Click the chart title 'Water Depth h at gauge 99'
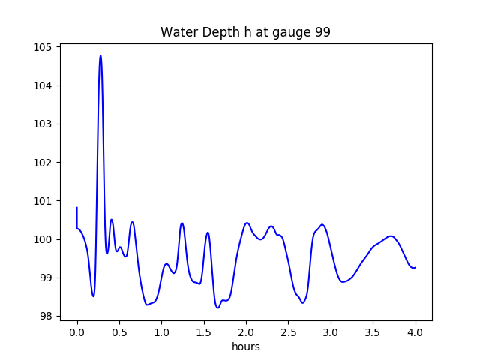click(x=245, y=33)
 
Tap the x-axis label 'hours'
click(x=246, y=346)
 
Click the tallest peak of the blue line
click(x=100, y=56)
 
